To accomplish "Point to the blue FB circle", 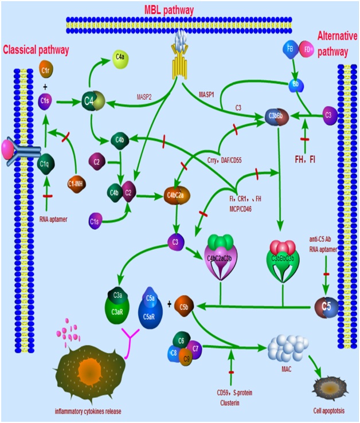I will coord(290,50).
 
